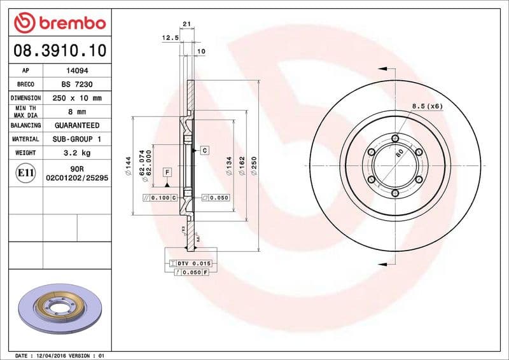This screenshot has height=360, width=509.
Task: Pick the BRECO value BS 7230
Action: coord(77,85)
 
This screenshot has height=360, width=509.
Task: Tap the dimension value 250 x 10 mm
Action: coord(77,99)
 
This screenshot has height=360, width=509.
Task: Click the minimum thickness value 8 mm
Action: coord(77,112)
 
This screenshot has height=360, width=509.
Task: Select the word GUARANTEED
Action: coord(77,125)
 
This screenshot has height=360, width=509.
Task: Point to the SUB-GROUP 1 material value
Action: coord(77,139)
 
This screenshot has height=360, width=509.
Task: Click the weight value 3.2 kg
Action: coord(77,153)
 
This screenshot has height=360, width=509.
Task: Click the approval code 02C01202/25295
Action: coord(77,179)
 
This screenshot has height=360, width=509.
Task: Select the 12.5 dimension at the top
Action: coord(169,38)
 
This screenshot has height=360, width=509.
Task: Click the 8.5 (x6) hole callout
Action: coord(427,106)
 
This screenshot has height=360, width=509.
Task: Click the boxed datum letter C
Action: coord(205,150)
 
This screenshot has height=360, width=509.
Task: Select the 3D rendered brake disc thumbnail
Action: coord(58,308)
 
